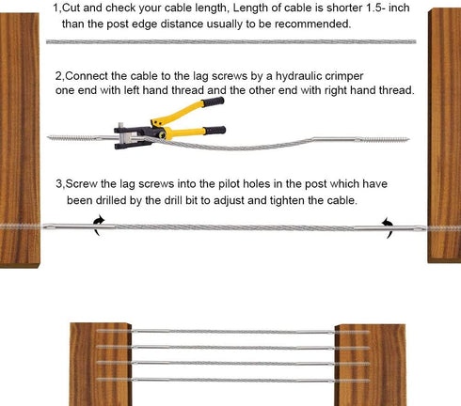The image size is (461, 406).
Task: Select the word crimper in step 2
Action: pos(344,76)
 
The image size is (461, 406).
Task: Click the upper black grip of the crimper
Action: pos(214,101)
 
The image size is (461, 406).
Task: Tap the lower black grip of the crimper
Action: pos(215,130)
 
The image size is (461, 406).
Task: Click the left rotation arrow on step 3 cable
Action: pos(99,226)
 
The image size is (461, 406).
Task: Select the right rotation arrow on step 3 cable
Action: pos(388,227)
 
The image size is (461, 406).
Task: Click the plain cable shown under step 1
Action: pos(231,41)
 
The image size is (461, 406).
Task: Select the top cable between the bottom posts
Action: pos(232,332)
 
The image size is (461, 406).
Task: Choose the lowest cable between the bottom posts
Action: pos(232,381)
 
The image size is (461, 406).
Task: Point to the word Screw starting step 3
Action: pos(82,183)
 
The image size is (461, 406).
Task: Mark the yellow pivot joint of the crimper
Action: pos(164,133)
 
